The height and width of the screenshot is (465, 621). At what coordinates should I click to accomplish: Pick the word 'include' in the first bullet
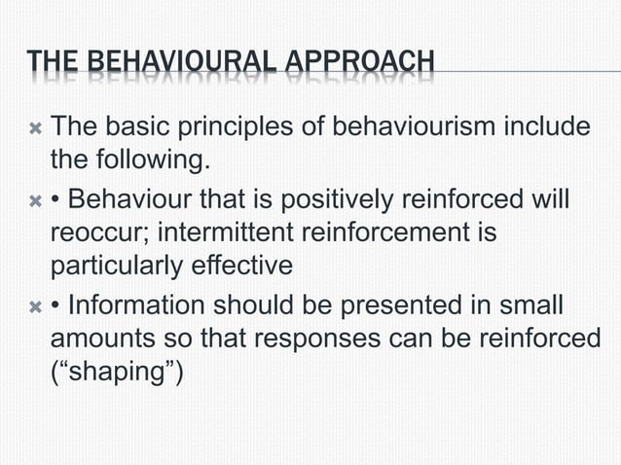point(551,126)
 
